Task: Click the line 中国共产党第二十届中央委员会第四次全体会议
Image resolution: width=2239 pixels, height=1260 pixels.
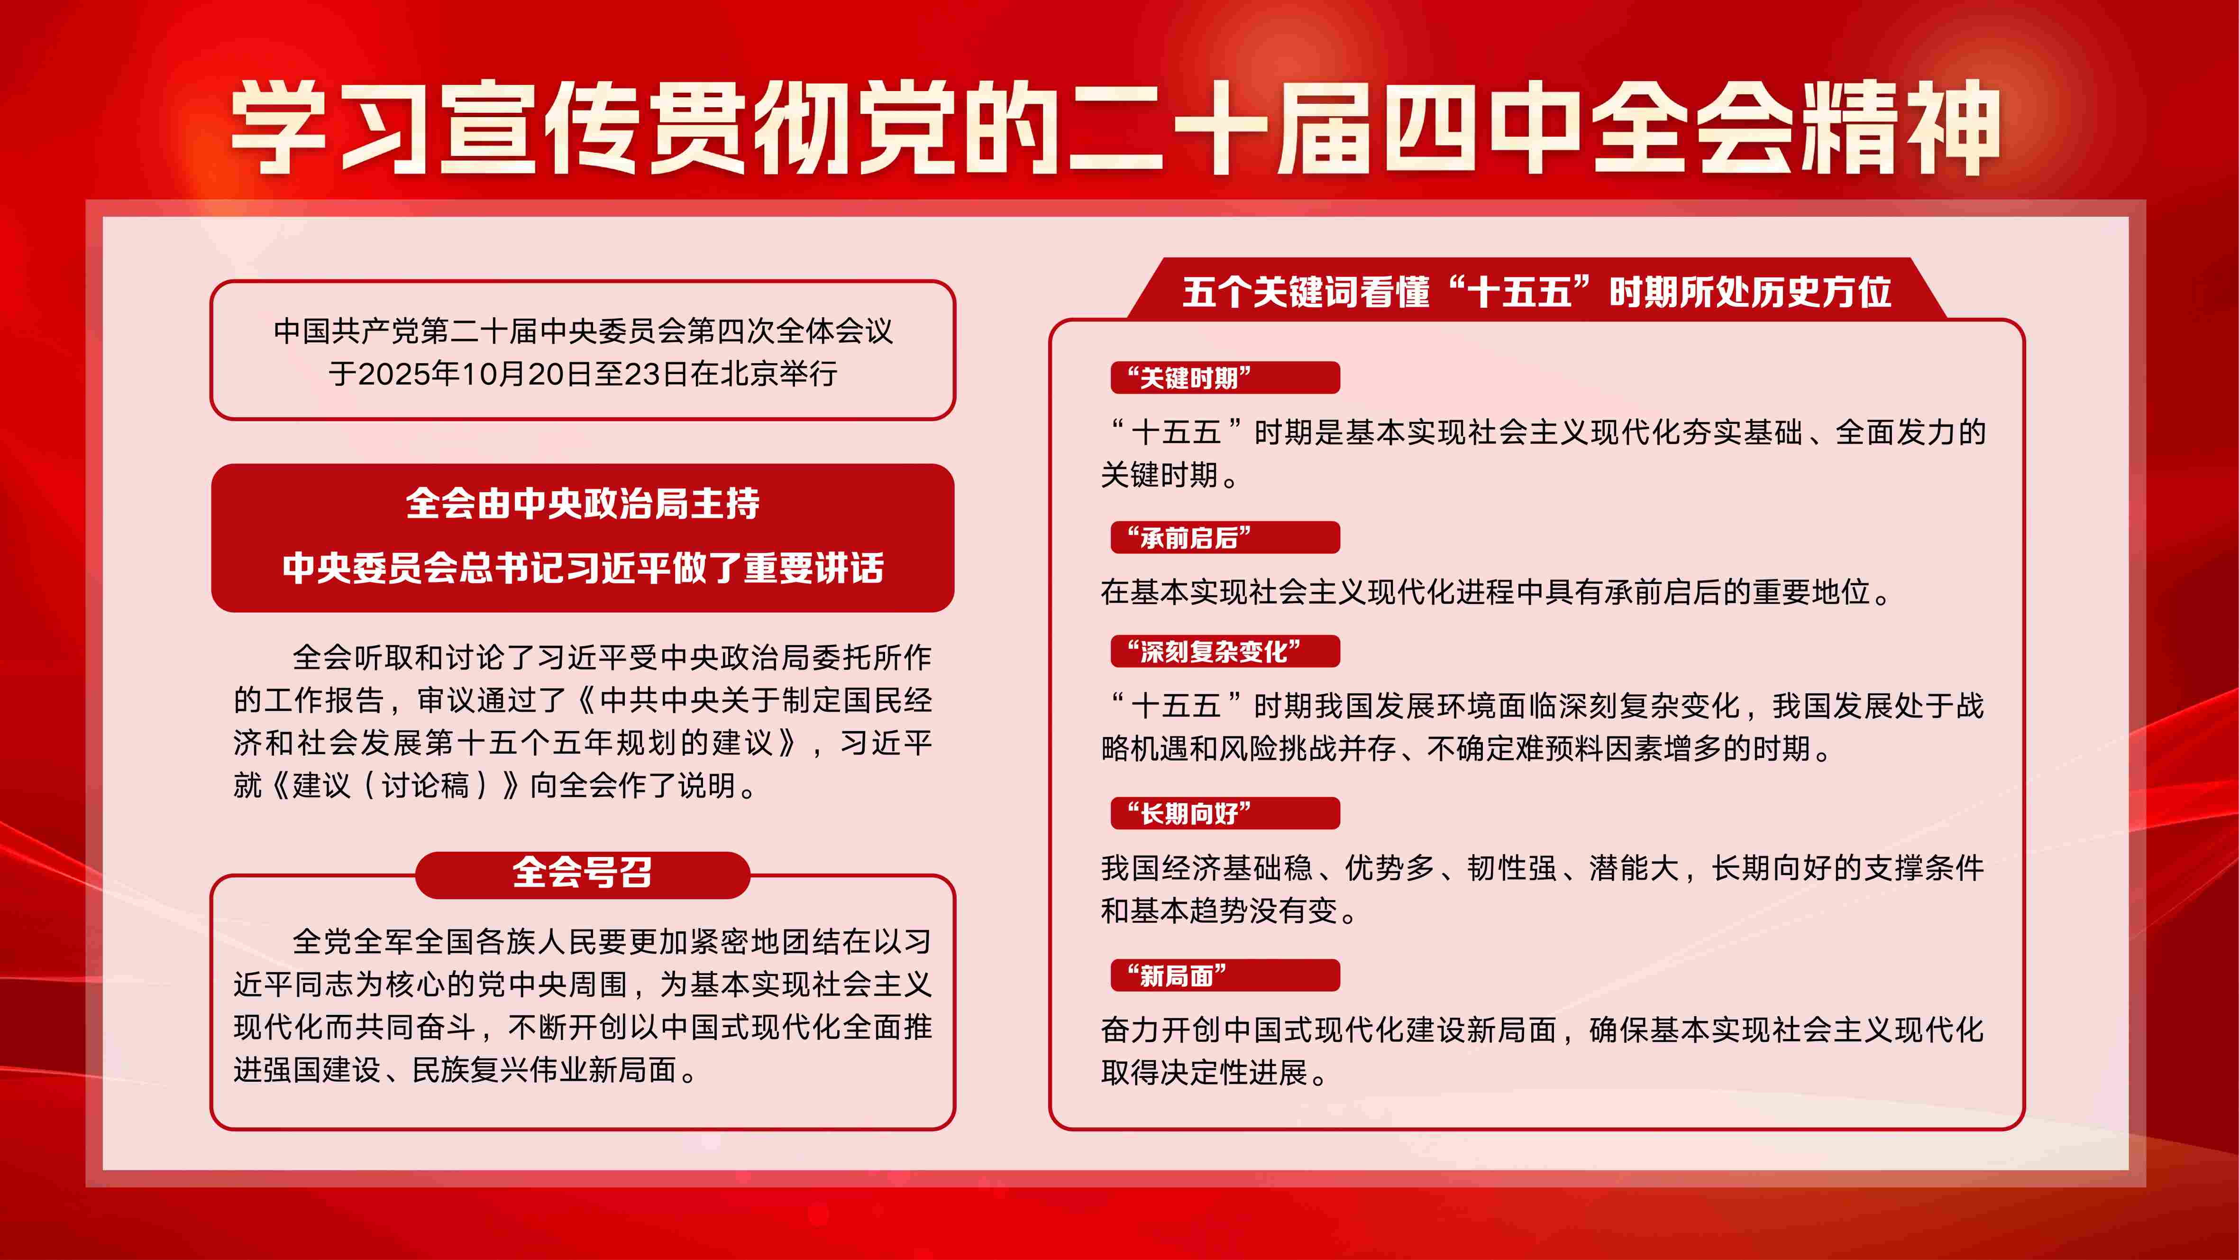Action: pos(582,331)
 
